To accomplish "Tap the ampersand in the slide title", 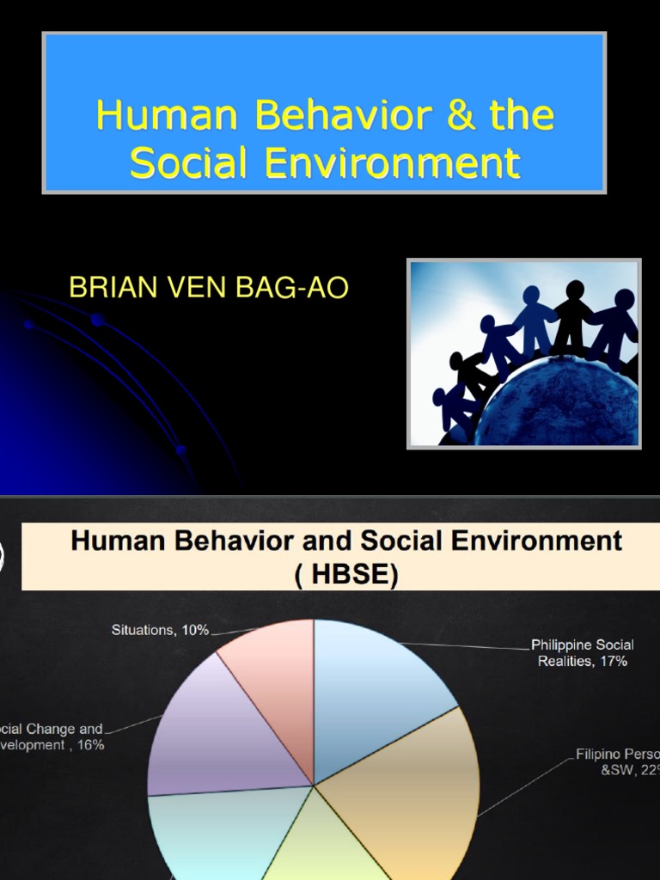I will [x=461, y=116].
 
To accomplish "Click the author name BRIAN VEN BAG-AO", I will [x=209, y=288].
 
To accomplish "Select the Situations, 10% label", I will [x=160, y=630].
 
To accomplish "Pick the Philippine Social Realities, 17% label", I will [x=583, y=652].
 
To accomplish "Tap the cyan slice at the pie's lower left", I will [x=206, y=834].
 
